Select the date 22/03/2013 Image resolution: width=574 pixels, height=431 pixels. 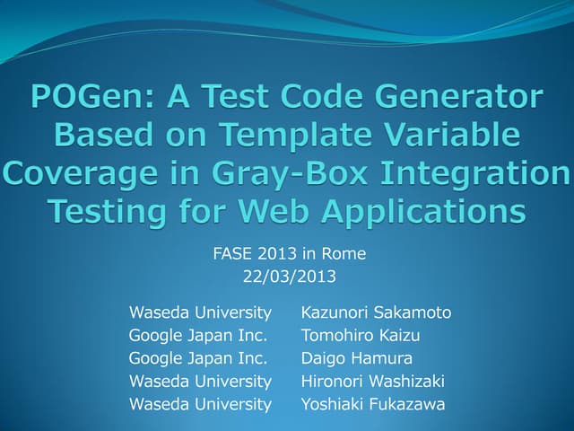[289, 277]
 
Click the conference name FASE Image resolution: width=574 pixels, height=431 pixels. [231, 254]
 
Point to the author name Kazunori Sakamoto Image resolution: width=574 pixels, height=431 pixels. [376, 312]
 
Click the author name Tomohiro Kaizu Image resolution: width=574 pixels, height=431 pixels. [361, 336]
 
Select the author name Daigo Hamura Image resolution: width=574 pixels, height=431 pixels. [356, 358]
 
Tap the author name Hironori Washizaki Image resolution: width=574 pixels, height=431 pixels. [372, 382]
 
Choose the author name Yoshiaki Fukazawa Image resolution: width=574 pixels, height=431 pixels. [372, 404]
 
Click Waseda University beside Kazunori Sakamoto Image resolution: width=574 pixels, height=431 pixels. [200, 312]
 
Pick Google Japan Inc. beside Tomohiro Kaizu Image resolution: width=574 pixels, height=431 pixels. [197, 336]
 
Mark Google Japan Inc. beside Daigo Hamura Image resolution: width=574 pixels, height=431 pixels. [197, 358]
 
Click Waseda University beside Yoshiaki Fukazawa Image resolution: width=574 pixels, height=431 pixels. [200, 404]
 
